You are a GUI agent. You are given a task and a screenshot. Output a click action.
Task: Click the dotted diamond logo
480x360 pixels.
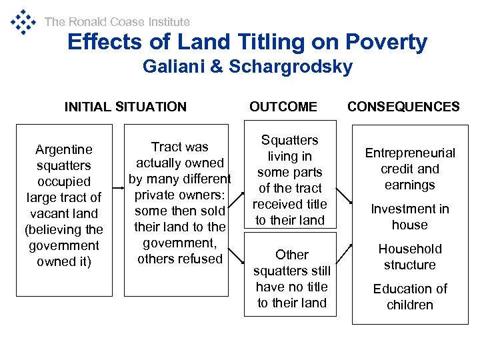[x=23, y=22]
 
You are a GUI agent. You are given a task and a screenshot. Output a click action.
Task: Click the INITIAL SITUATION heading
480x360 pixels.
[x=125, y=107]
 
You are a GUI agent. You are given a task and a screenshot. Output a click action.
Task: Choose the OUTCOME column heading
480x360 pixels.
[x=283, y=107]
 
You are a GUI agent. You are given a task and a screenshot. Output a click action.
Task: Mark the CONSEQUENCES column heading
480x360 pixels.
[x=403, y=107]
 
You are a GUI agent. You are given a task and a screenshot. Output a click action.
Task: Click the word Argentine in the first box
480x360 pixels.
[x=64, y=149]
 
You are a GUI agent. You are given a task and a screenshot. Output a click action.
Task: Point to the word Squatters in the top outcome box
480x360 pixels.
[x=290, y=140]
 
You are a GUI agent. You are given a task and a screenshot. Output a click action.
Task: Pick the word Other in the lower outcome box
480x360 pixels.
[x=292, y=255]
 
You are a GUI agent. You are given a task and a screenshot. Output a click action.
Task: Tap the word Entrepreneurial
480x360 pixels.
[x=410, y=153]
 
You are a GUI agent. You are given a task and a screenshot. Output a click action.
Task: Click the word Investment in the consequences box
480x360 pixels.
[x=410, y=209]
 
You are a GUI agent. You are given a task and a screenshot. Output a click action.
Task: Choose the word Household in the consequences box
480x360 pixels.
[x=410, y=249]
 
